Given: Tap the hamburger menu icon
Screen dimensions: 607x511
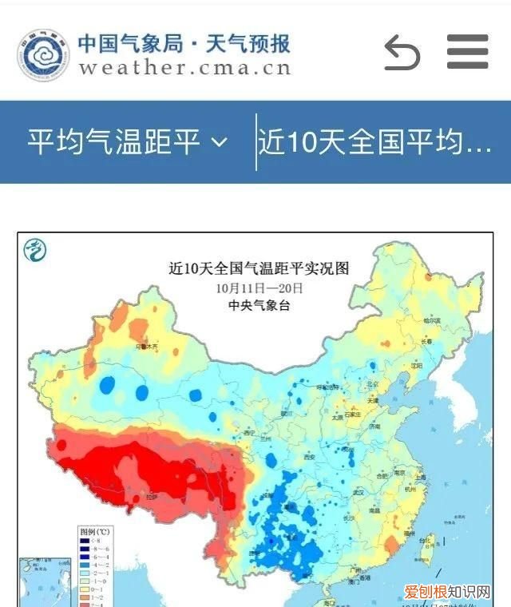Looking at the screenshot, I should click(467, 52).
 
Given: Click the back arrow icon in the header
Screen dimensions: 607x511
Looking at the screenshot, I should click(402, 53).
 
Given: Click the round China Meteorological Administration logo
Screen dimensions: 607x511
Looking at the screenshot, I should click(43, 54).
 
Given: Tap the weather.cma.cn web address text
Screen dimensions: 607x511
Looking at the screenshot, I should click(184, 67).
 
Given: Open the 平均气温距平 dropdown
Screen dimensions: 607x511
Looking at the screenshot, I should click(128, 142).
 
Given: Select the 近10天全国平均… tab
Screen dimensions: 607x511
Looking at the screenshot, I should click(375, 142).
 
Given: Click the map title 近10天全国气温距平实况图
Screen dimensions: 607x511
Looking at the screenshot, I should click(259, 268).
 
